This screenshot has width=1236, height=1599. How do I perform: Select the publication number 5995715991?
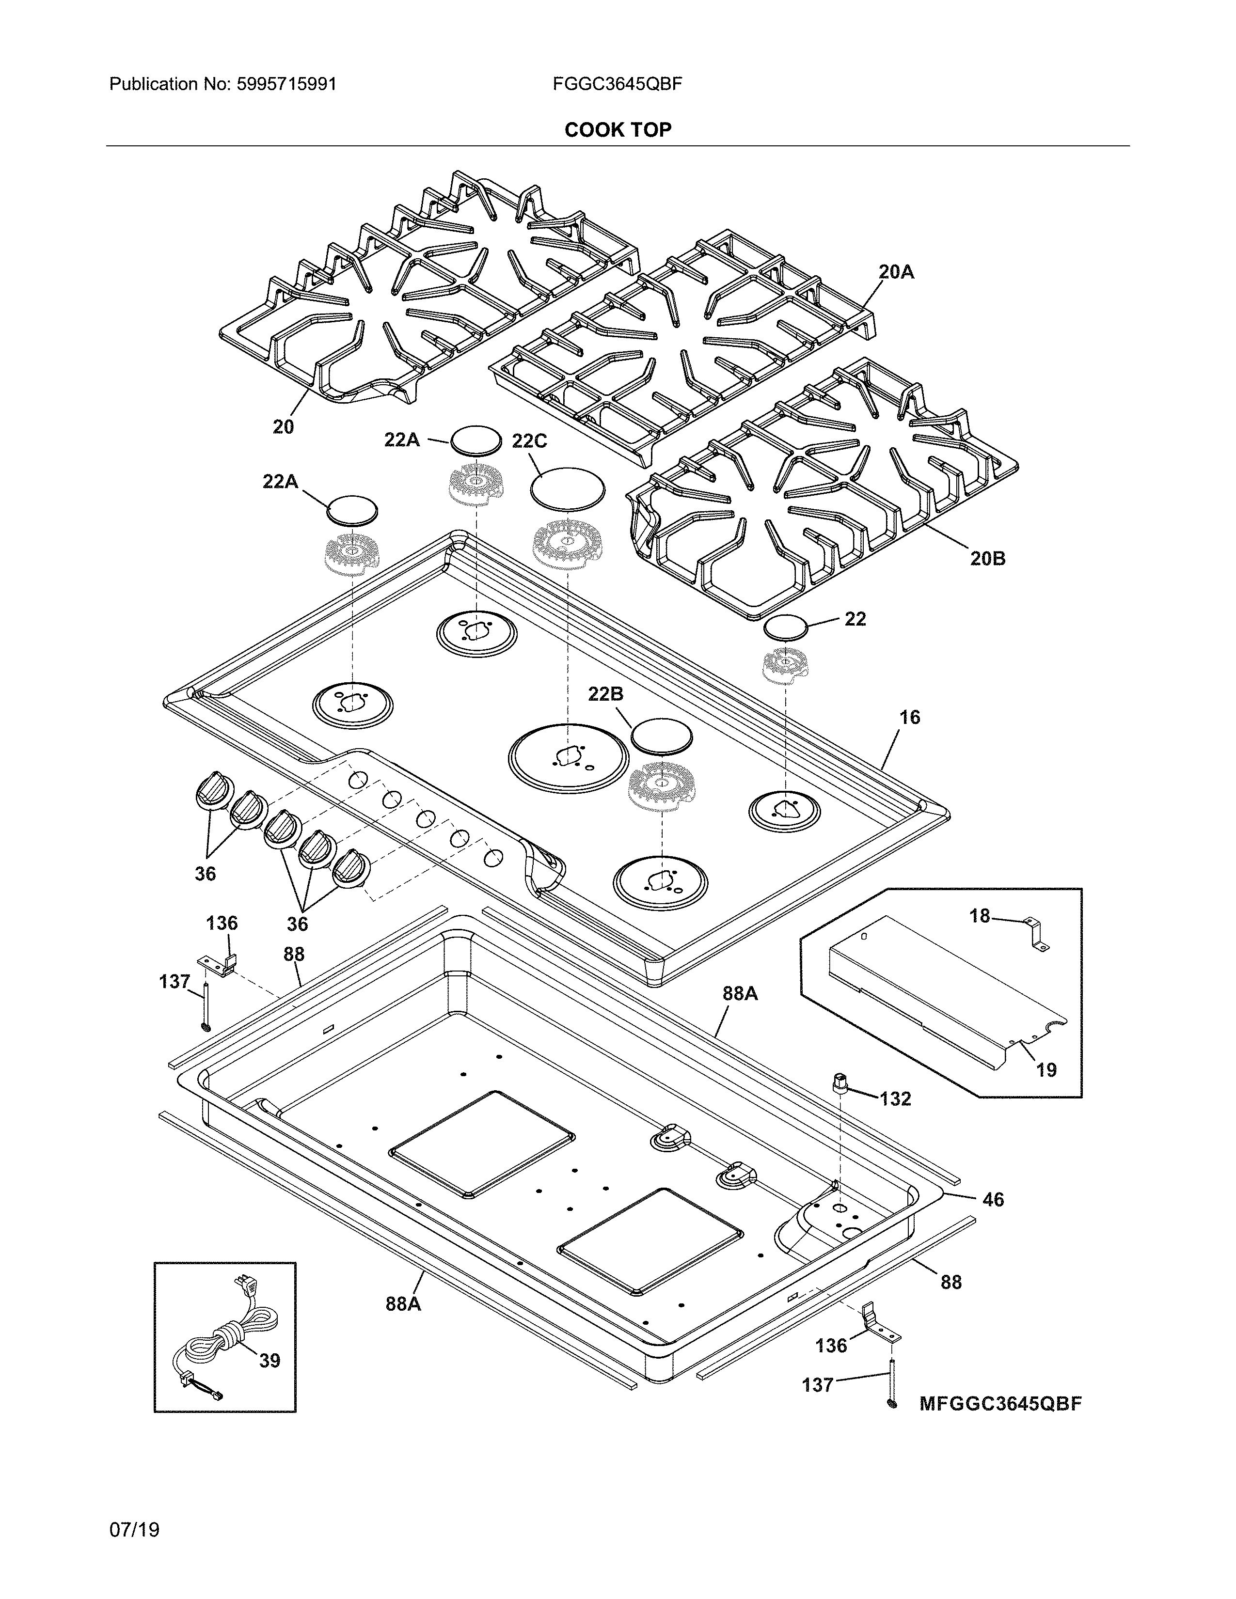click(286, 84)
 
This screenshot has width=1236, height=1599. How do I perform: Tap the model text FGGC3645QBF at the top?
click(617, 84)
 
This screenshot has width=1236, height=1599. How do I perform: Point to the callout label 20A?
click(896, 272)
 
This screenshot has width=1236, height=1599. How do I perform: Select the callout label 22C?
click(529, 441)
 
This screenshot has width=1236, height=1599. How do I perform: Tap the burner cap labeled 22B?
click(661, 736)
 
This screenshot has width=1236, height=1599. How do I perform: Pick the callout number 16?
click(909, 718)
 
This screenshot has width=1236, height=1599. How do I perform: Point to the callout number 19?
click(1046, 1070)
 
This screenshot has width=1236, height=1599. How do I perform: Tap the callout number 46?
click(993, 1199)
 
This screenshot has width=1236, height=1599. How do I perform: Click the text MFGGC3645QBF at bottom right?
click(1000, 1404)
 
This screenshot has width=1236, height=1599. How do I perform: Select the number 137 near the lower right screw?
click(818, 1385)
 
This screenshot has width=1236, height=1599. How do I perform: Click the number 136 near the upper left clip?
click(221, 923)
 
